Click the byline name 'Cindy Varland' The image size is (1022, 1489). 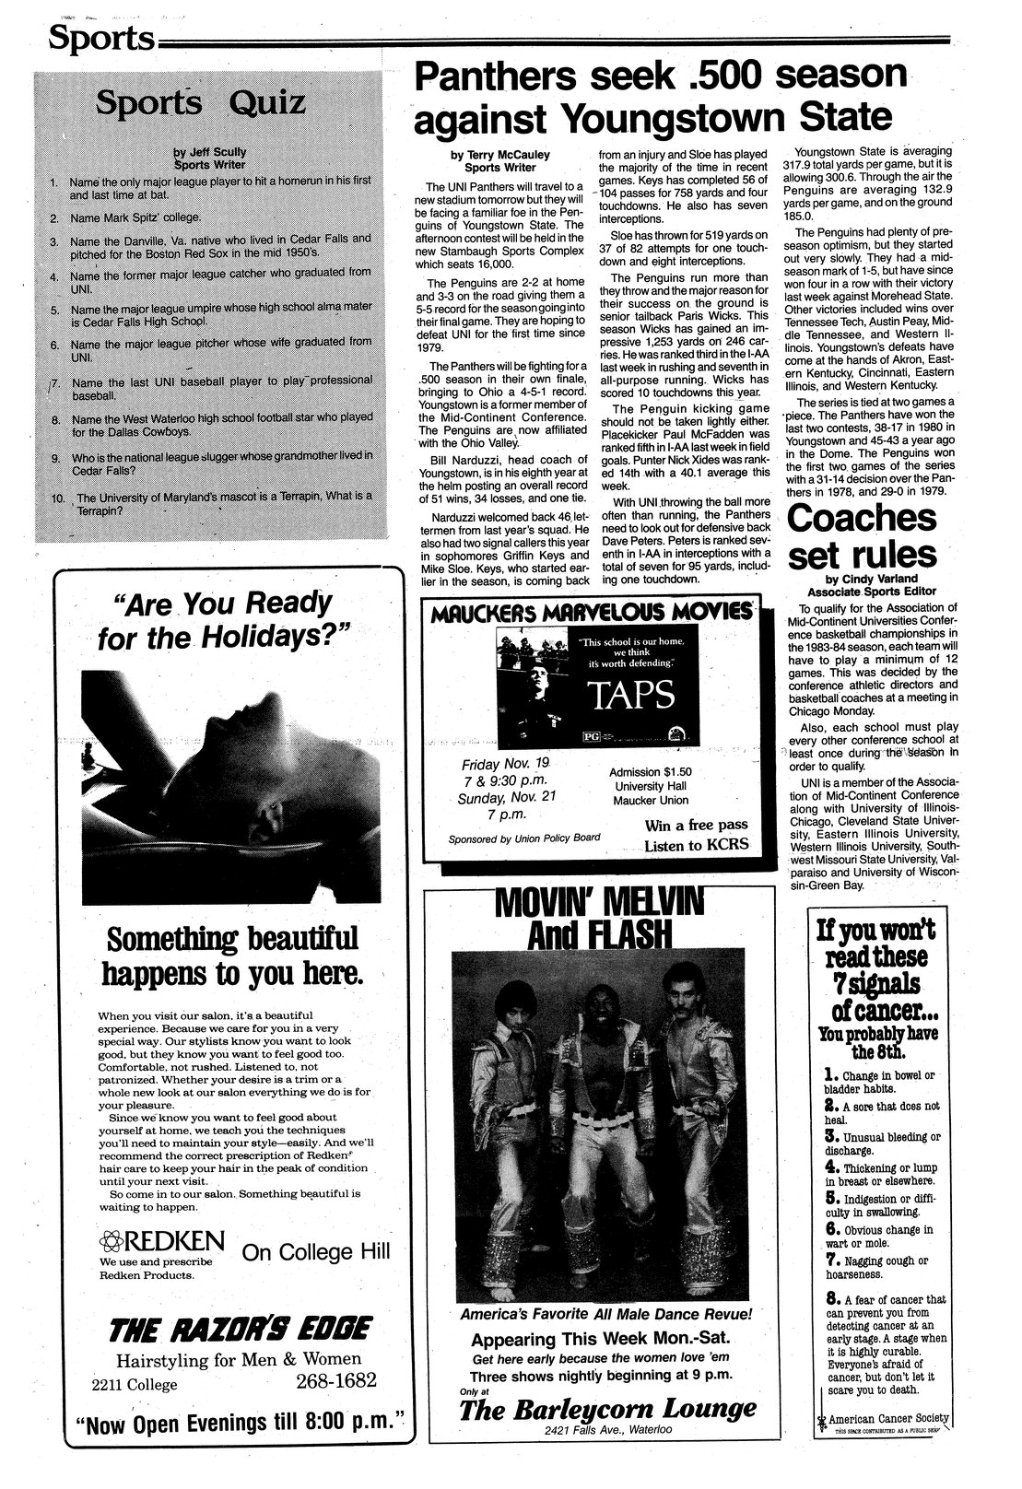pyautogui.click(x=875, y=579)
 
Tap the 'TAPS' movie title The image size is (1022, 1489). pyautogui.click(x=635, y=696)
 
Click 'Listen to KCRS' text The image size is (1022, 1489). pyautogui.click(x=696, y=845)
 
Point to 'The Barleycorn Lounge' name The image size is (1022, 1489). pyautogui.click(x=607, y=1409)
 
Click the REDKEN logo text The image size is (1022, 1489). pyautogui.click(x=166, y=1237)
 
